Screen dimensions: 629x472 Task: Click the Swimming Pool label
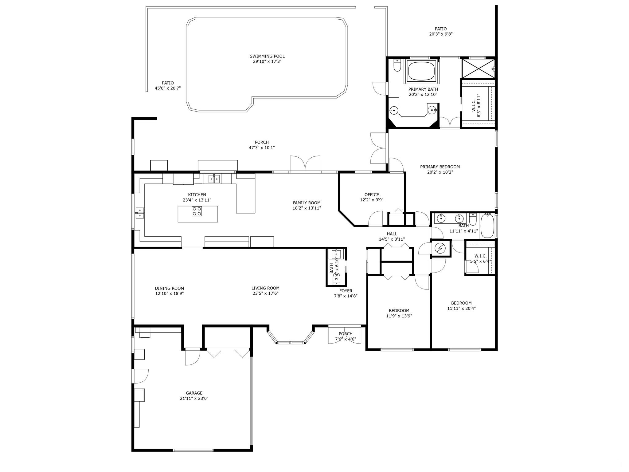[267, 59]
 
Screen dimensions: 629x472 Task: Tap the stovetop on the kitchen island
[197, 211]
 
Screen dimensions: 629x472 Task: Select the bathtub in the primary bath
[421, 71]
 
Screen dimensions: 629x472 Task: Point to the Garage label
[194, 395]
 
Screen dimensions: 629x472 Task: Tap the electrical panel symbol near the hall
[440, 248]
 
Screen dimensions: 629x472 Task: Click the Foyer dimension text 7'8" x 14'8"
[346, 296]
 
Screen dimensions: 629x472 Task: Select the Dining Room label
[169, 291]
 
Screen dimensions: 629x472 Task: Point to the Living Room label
[265, 291]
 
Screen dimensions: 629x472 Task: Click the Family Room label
[307, 205]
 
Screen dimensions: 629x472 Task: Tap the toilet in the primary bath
[397, 65]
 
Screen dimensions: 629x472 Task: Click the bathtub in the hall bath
[486, 226]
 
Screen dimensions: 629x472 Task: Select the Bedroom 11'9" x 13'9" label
[399, 313]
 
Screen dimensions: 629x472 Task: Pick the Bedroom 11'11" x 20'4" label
[461, 305]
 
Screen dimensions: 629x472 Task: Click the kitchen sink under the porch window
[214, 179]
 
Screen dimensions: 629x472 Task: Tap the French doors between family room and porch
[305, 163]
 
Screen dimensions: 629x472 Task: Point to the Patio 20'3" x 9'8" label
[441, 32]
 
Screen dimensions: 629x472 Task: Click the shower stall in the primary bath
[478, 69]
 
